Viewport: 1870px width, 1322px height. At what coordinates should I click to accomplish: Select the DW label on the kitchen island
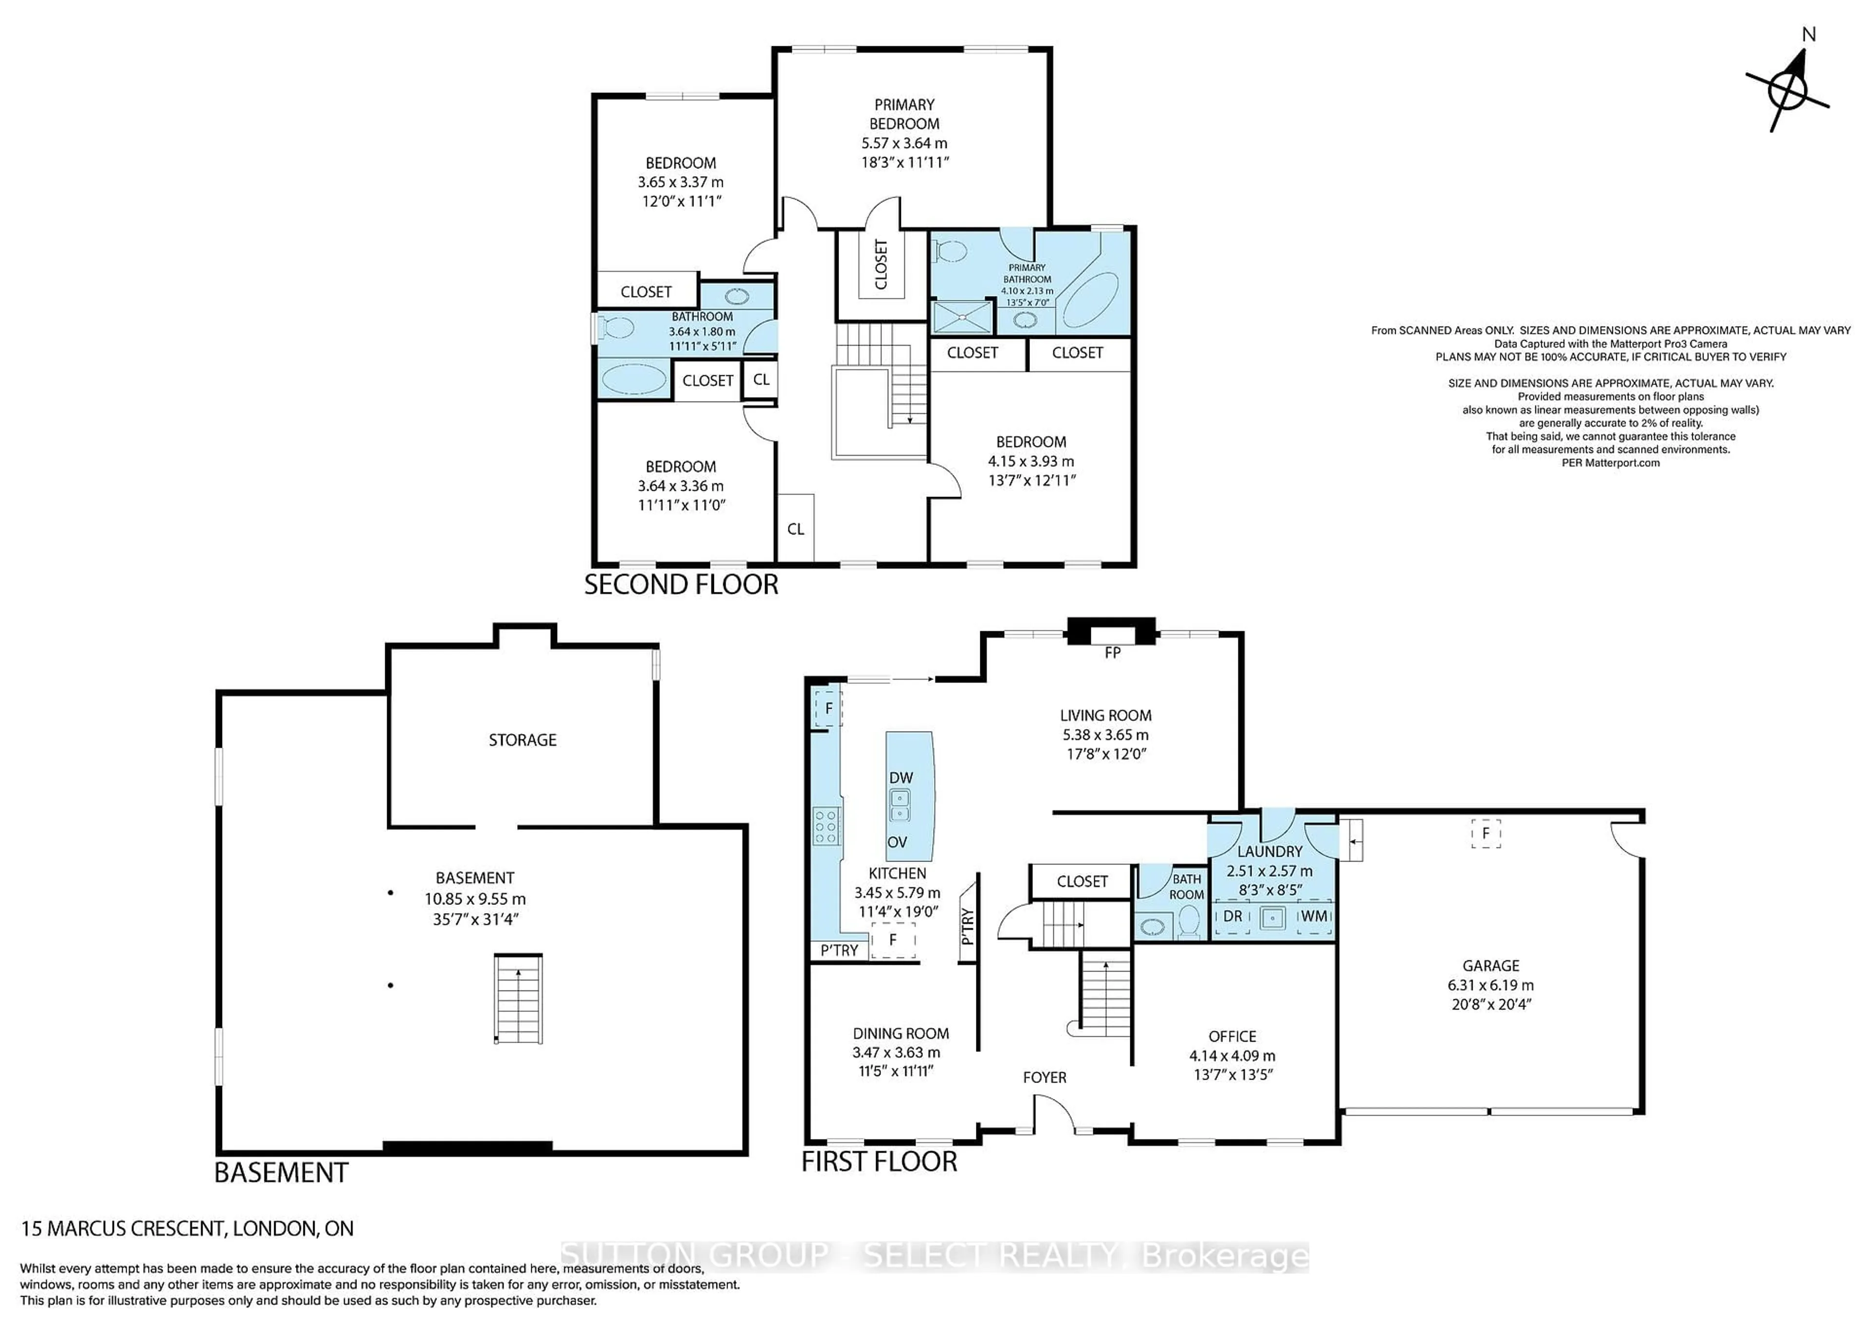coord(901,777)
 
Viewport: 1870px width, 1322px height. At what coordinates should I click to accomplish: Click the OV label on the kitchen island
coord(897,842)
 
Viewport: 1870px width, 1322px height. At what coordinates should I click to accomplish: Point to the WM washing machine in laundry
coord(1314,916)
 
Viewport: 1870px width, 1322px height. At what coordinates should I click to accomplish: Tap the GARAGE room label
coord(1491,965)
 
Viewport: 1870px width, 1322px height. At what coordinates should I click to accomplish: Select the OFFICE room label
coord(1232,1036)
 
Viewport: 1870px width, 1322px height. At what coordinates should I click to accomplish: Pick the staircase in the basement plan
coord(518,998)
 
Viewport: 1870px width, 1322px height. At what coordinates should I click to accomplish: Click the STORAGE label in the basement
coord(522,740)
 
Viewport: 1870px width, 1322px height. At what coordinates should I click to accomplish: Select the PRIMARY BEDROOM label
coord(904,114)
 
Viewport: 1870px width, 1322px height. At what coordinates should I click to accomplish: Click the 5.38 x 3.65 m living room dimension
coord(1105,734)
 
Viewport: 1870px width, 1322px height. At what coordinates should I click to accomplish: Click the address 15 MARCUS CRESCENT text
coord(187,1229)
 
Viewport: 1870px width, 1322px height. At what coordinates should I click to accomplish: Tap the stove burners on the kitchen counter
coord(827,825)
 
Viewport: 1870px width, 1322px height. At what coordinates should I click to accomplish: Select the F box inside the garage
coord(1486,834)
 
